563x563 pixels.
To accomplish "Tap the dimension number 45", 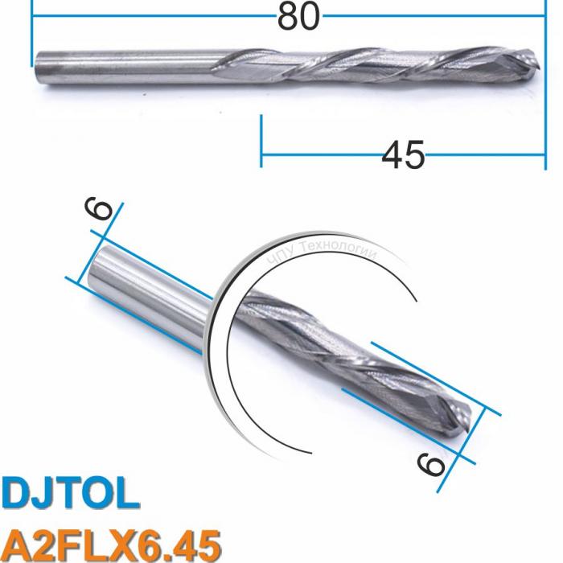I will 403,154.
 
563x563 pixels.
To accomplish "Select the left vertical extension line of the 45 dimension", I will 261,141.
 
